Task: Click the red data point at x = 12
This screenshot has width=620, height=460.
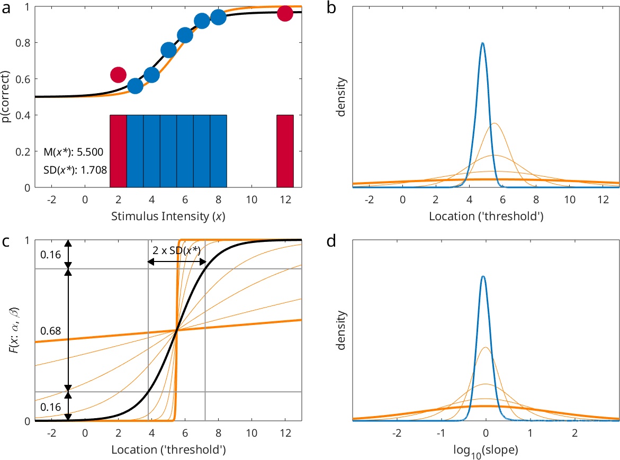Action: (x=285, y=13)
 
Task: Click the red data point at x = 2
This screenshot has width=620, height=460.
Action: (x=118, y=75)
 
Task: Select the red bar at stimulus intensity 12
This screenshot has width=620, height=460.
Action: (x=285, y=151)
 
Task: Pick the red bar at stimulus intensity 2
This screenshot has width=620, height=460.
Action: (x=118, y=151)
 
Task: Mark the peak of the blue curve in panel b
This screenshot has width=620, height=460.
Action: (x=482, y=43)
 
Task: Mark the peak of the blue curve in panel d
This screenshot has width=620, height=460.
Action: (x=482, y=276)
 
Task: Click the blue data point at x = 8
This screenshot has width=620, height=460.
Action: (x=218, y=17)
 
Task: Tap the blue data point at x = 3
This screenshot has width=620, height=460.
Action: (x=135, y=86)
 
